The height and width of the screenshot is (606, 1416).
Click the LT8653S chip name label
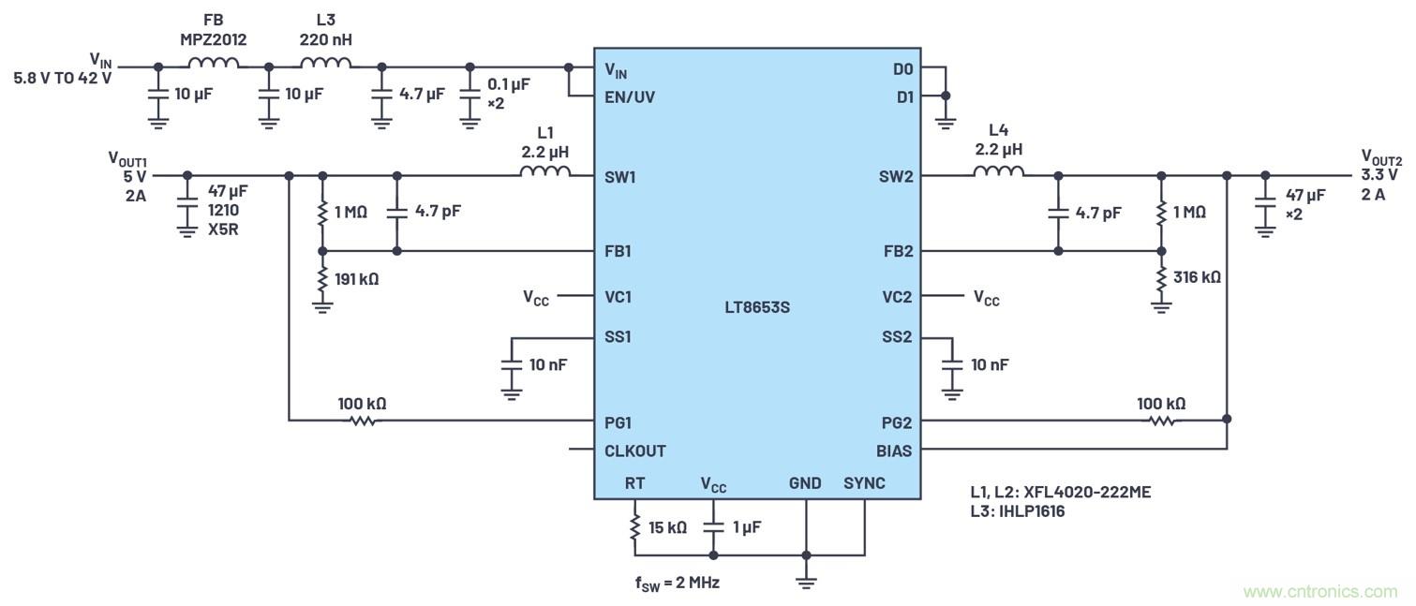[x=756, y=306]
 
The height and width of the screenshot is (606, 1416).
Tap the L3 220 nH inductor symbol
[x=325, y=64]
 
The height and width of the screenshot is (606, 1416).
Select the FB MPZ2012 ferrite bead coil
[x=214, y=64]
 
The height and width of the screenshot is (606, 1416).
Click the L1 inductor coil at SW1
[x=544, y=172]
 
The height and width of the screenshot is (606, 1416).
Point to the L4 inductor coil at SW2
[x=998, y=172]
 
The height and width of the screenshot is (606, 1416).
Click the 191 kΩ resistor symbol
[x=322, y=278]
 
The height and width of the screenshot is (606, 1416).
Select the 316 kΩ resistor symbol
[x=1162, y=278]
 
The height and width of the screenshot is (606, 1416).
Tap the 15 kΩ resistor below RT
[x=634, y=527]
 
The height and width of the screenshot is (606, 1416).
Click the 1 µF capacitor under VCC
[x=713, y=527]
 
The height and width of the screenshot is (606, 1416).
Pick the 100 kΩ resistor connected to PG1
[x=363, y=421]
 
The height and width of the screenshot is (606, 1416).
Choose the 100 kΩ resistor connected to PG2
[x=1162, y=421]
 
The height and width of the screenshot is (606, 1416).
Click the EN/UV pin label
[x=630, y=96]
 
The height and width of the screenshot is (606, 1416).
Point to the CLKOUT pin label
[x=635, y=451]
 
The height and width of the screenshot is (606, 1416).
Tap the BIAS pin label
[x=893, y=451]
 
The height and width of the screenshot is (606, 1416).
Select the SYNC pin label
[x=864, y=483]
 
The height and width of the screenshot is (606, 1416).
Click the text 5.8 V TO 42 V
[x=63, y=79]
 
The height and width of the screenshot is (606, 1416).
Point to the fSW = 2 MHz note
[x=677, y=583]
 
